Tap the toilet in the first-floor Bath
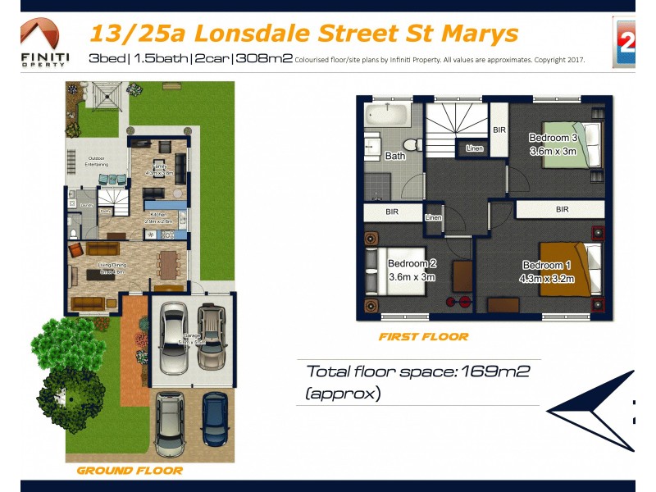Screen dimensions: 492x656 point(413,145)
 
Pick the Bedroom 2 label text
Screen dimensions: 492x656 point(411,263)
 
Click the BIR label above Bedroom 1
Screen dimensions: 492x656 point(562,210)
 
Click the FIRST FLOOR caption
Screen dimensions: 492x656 point(423,336)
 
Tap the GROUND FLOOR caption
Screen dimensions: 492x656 point(130,471)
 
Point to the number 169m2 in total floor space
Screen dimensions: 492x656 point(495,371)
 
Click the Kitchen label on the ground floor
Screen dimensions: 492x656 point(158,214)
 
